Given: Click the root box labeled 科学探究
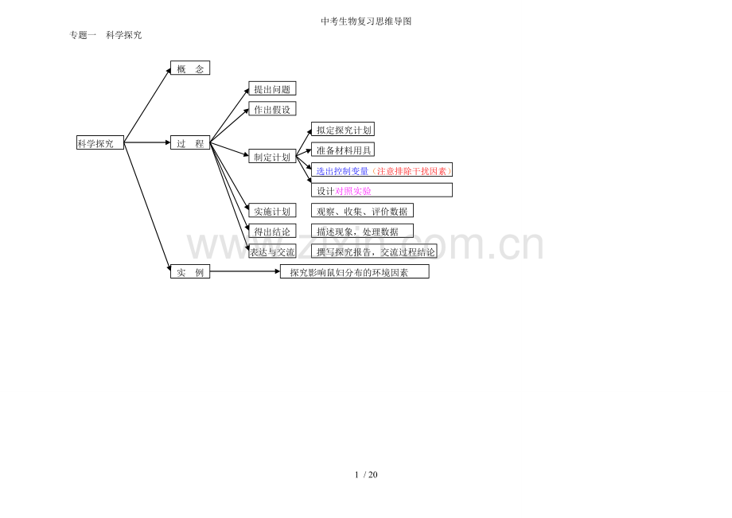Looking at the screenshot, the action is tap(100, 142).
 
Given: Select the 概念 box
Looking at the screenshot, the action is tap(190, 68).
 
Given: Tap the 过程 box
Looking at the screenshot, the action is tap(190, 142).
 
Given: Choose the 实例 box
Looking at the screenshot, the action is tap(190, 271).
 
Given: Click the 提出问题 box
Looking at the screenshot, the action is tap(272, 88).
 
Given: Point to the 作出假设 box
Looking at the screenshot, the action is tap(272, 109).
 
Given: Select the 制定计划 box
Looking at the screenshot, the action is tap(272, 156).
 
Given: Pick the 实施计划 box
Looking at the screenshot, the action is tap(272, 211).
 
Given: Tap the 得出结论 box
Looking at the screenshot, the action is tap(272, 231).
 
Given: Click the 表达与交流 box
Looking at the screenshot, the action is tap(272, 251).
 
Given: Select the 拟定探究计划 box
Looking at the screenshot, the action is tap(343, 129).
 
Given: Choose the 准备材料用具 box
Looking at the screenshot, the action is tap(343, 150).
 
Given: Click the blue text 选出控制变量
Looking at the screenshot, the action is tap(343, 171).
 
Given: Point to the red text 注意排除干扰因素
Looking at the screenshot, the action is tap(412, 171).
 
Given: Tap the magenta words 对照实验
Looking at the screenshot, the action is tap(353, 191).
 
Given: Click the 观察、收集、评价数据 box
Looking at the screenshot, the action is tap(362, 211).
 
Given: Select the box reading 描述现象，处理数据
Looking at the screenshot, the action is tap(362, 231).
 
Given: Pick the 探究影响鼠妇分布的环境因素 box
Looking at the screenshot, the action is tap(354, 271).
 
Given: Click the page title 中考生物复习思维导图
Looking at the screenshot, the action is tap(366, 21).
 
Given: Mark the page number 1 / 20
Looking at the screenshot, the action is tap(366, 474).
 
